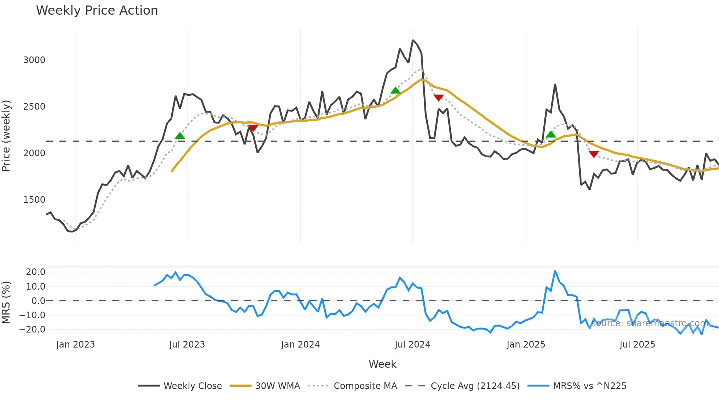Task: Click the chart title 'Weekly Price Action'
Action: pyautogui.click(x=97, y=11)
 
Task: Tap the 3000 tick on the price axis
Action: pyautogui.click(x=34, y=60)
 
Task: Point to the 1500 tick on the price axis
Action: pyautogui.click(x=34, y=200)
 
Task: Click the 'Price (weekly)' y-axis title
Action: pyautogui.click(x=6, y=136)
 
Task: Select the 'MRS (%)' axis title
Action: pyautogui.click(x=6, y=302)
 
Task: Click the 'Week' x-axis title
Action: pyautogui.click(x=382, y=364)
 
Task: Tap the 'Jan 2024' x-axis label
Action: pyautogui.click(x=300, y=345)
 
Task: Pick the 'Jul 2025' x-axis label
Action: pyautogui.click(x=637, y=345)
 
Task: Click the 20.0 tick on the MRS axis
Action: pyautogui.click(x=36, y=272)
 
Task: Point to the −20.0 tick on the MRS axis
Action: pyautogui.click(x=33, y=330)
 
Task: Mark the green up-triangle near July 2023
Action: pyautogui.click(x=180, y=136)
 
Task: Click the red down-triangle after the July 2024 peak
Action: pyautogui.click(x=439, y=98)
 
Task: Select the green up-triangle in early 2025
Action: pyautogui.click(x=551, y=135)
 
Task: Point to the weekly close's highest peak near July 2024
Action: pyautogui.click(x=413, y=40)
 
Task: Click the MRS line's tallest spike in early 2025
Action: pyautogui.click(x=555, y=271)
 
